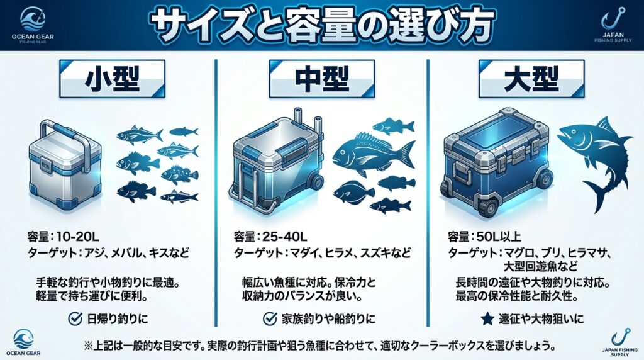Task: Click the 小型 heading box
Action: tap(112, 79)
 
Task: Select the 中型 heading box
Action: tap(322, 79)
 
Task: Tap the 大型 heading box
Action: tap(531, 79)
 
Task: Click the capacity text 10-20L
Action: tap(78, 237)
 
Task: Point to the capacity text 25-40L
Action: tap(285, 237)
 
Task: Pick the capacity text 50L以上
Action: tap(499, 237)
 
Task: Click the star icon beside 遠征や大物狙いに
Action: tap(487, 318)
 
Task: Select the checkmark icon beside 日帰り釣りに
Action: tap(75, 318)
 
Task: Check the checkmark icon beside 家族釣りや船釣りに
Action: tap(270, 318)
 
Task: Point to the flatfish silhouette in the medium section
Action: tap(353, 193)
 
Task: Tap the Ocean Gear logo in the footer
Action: tap(24, 341)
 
